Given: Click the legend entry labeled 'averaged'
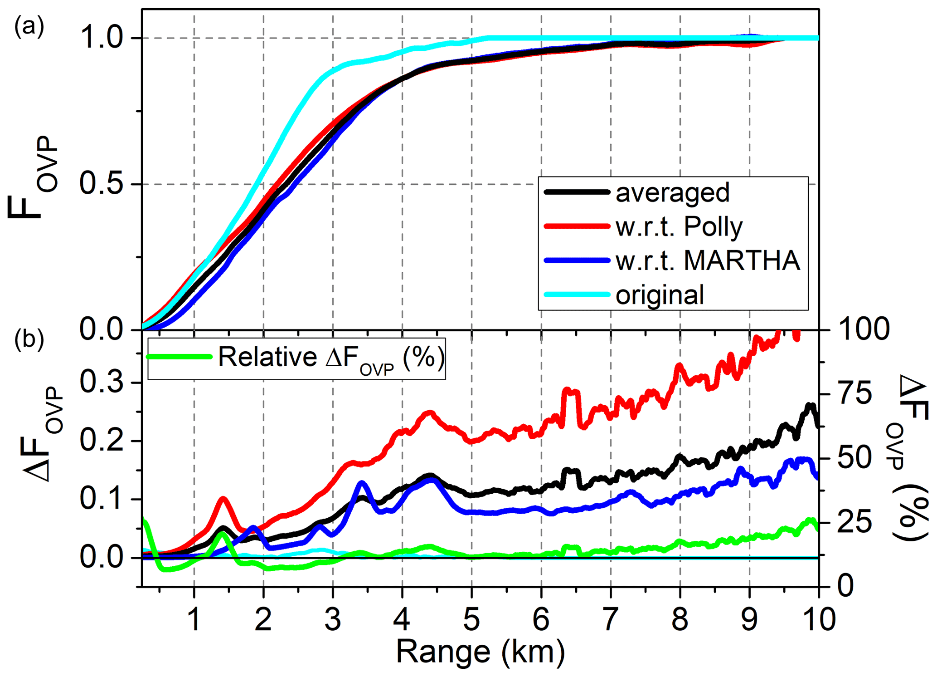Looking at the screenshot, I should (x=672, y=193).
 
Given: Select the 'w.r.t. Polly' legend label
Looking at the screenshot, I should (x=679, y=226).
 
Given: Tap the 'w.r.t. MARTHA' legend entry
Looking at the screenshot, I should (x=708, y=261).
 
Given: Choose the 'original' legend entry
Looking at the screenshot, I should (x=660, y=295).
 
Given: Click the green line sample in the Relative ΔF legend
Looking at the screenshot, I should (x=180, y=357).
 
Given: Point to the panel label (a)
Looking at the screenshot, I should (x=29, y=27).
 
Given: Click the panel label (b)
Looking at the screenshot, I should (x=29, y=339).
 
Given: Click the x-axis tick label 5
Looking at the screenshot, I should (x=471, y=619).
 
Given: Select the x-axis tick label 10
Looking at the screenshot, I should (x=819, y=619).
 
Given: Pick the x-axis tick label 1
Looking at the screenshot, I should (x=194, y=619).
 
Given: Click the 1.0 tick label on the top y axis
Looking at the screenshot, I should (x=102, y=38).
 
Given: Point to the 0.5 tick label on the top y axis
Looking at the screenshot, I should (x=102, y=184).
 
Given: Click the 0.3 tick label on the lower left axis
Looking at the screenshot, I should (x=102, y=382).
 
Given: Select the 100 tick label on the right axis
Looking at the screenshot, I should (x=864, y=329).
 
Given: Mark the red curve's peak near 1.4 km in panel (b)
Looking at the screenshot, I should (x=223, y=498).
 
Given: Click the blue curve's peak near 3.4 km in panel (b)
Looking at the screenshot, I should (x=362, y=482).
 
